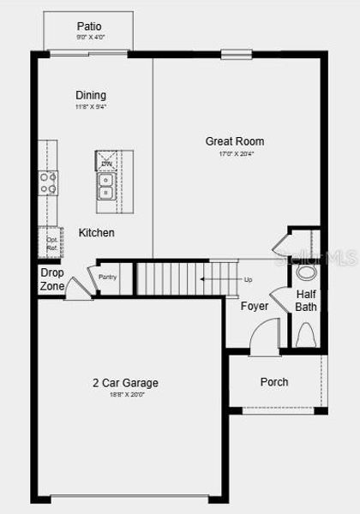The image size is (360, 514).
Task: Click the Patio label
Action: (89, 27)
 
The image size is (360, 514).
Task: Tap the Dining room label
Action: (91, 95)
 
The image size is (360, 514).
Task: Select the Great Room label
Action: (235, 141)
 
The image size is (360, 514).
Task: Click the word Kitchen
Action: (97, 233)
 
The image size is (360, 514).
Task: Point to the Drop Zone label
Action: (51, 279)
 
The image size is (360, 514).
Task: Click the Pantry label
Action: (107, 277)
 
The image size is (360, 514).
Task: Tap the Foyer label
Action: (254, 306)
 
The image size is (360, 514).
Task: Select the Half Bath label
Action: (306, 300)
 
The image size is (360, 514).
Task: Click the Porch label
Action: (274, 382)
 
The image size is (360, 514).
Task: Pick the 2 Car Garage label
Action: (126, 383)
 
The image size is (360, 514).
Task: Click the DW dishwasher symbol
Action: (106, 163)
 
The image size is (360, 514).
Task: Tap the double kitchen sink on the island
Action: (105, 186)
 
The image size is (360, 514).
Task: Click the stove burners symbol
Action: (48, 182)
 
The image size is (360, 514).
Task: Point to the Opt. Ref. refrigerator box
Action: (51, 243)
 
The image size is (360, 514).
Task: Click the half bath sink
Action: (306, 272)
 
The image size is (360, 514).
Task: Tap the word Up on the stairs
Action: (249, 279)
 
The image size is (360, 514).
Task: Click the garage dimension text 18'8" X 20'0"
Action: (126, 395)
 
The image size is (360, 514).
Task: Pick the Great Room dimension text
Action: (235, 154)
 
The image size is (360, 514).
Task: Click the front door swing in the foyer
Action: (268, 333)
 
